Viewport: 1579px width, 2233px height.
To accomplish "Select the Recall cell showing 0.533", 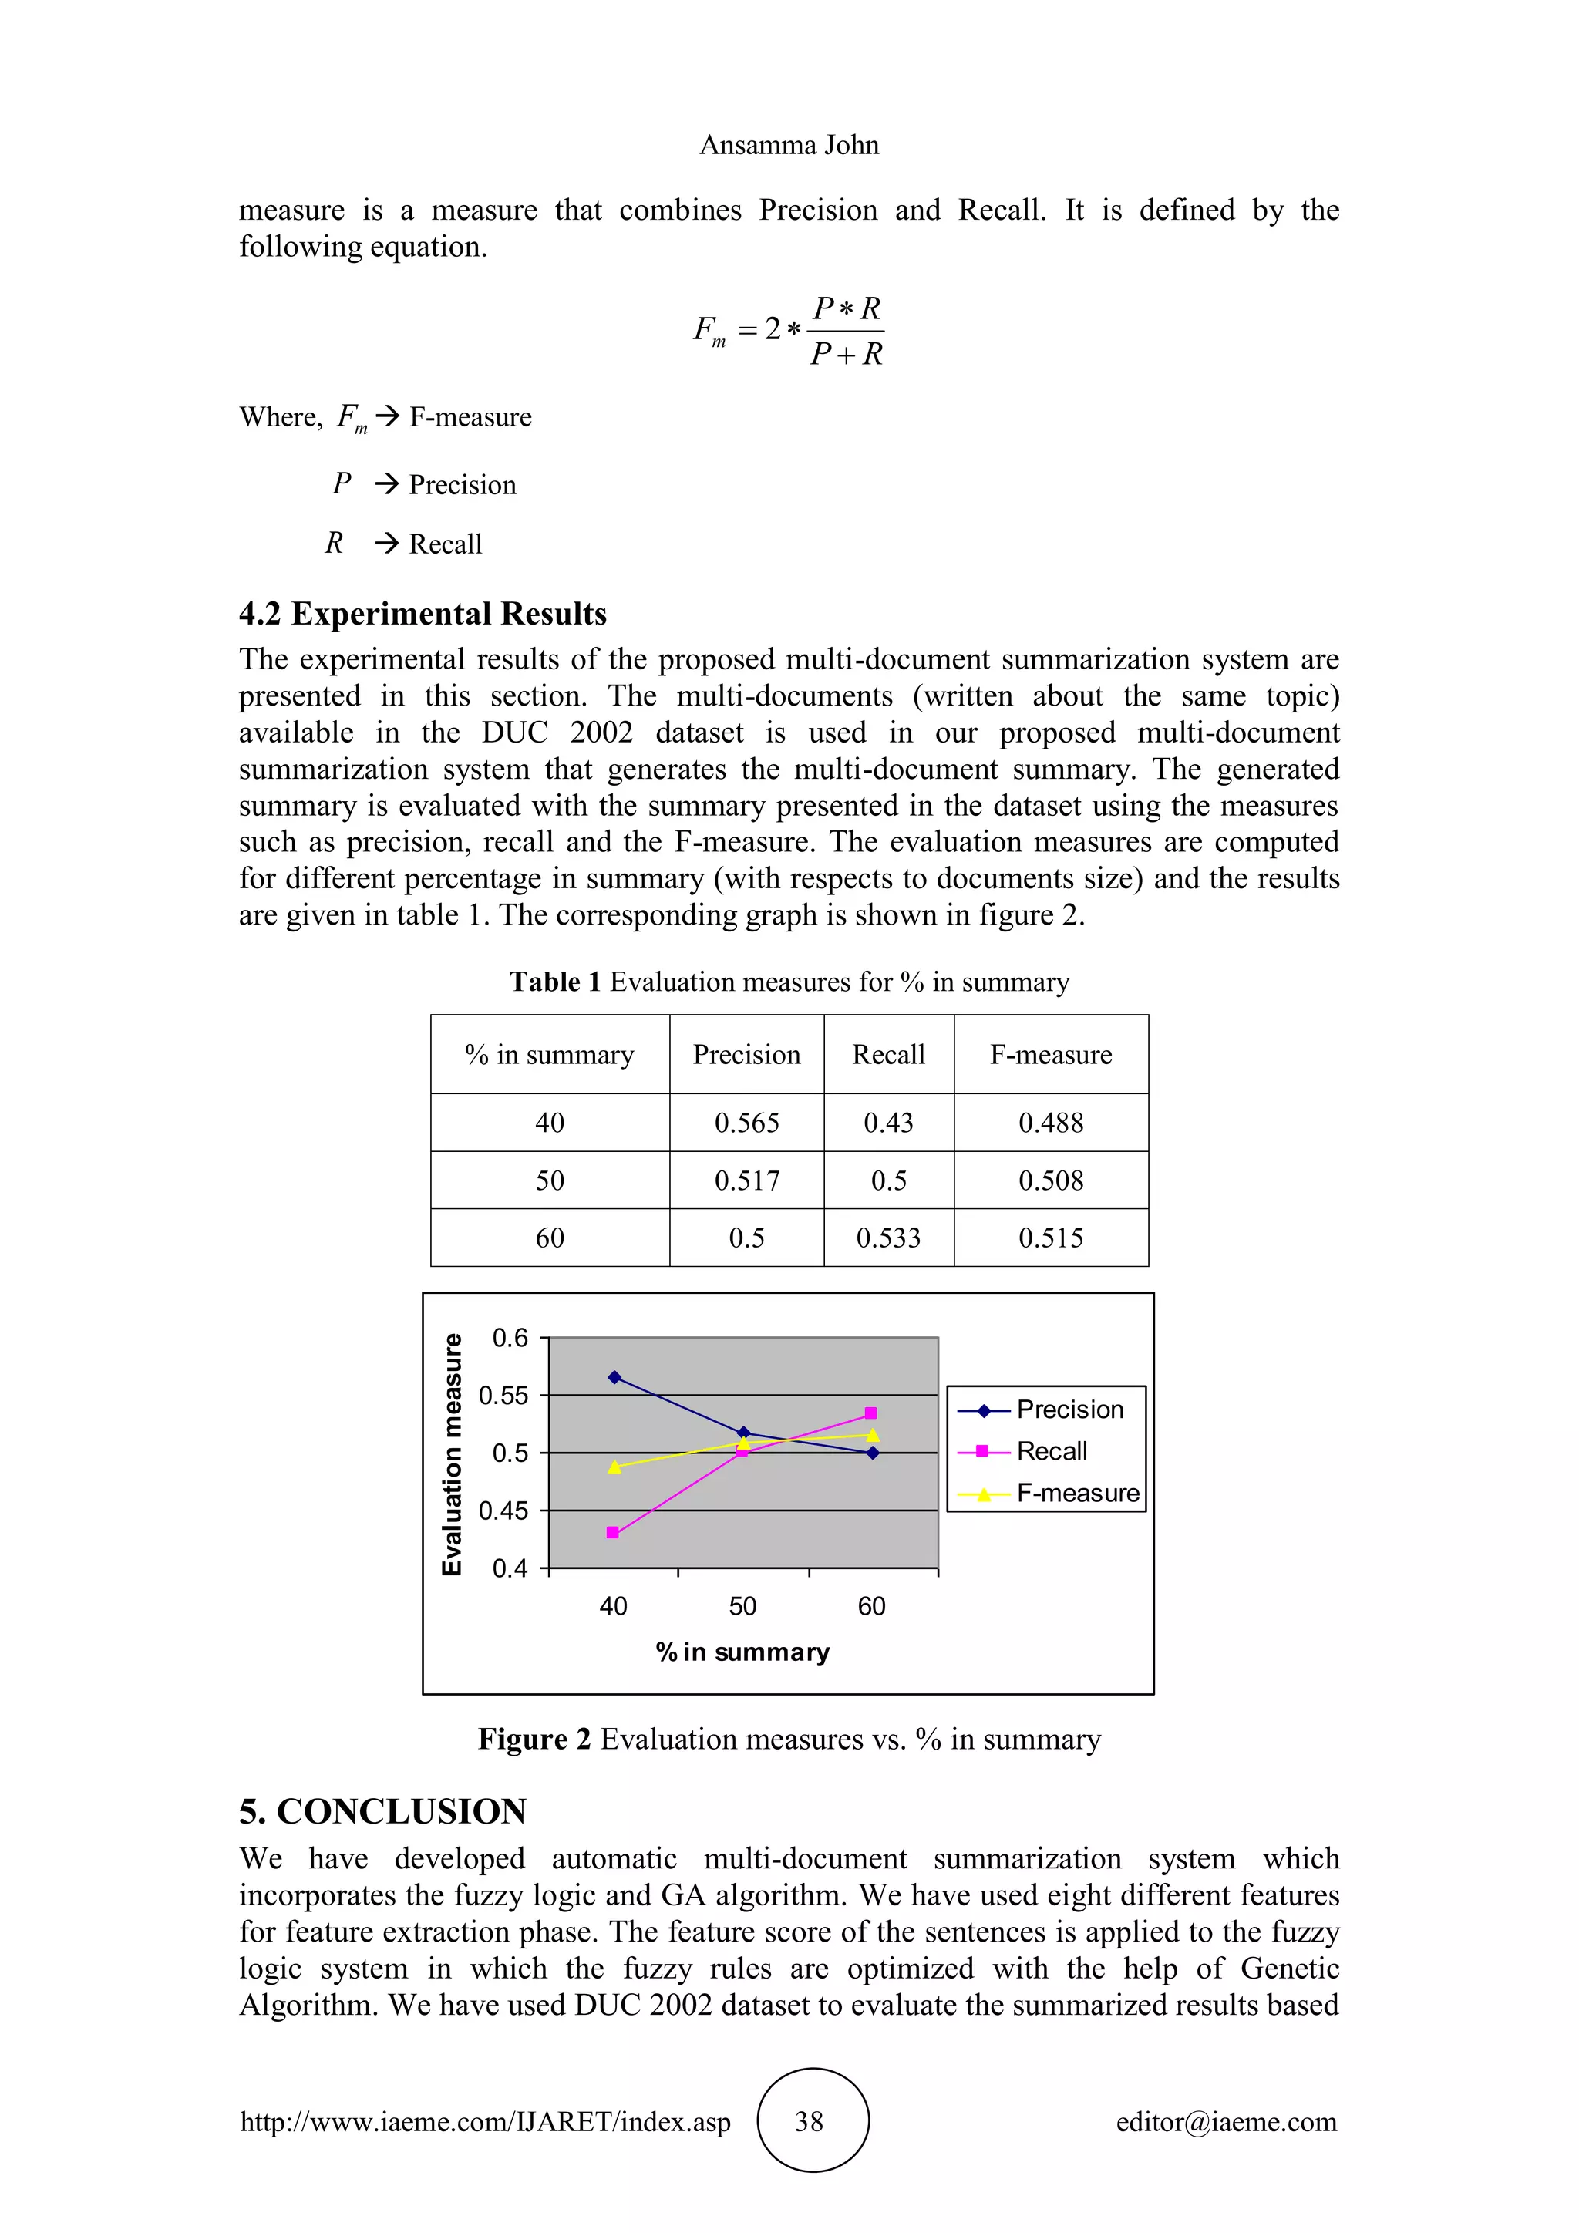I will click(x=887, y=1238).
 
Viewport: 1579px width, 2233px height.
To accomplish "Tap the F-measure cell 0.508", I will click(x=1050, y=1180).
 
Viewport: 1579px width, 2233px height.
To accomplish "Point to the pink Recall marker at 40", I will click(x=612, y=1533).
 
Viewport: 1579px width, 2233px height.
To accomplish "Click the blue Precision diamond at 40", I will click(x=614, y=1377).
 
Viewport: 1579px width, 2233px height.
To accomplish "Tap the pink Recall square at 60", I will click(x=870, y=1413).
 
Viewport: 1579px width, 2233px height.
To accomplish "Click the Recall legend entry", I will click(x=1051, y=1451).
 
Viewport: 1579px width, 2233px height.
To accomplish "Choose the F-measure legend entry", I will click(x=1076, y=1493).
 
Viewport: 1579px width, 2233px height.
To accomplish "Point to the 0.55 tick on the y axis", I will click(x=503, y=1396).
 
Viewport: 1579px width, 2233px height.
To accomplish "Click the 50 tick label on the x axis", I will click(x=742, y=1605).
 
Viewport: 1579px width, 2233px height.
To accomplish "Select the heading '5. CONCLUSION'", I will click(x=382, y=1811).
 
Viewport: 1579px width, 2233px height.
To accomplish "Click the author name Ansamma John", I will click(x=789, y=145).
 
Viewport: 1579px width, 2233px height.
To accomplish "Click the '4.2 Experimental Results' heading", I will click(x=423, y=614).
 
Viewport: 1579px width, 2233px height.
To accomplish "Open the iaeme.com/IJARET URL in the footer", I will click(x=485, y=2121).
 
